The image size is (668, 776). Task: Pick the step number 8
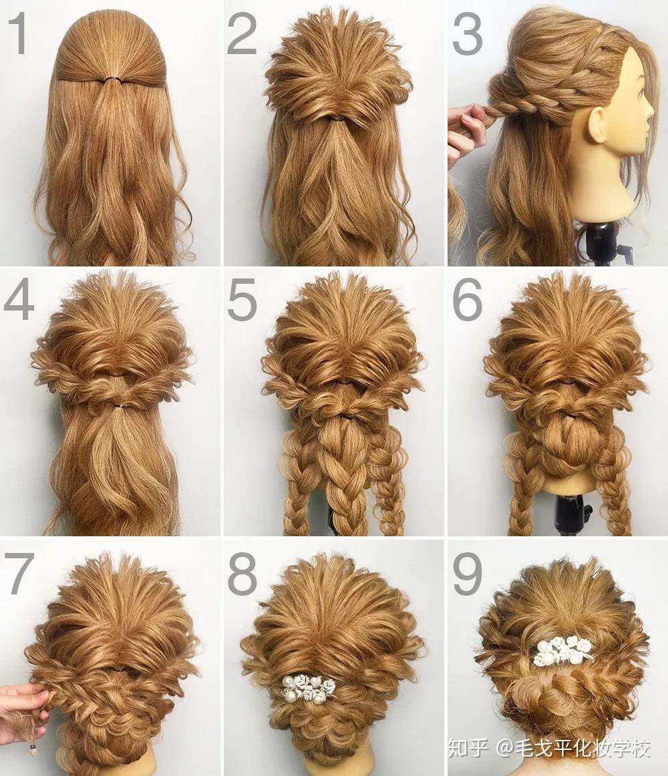pos(242,574)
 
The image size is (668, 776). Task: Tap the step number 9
pos(468,574)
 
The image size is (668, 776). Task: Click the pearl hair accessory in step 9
pos(562,652)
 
